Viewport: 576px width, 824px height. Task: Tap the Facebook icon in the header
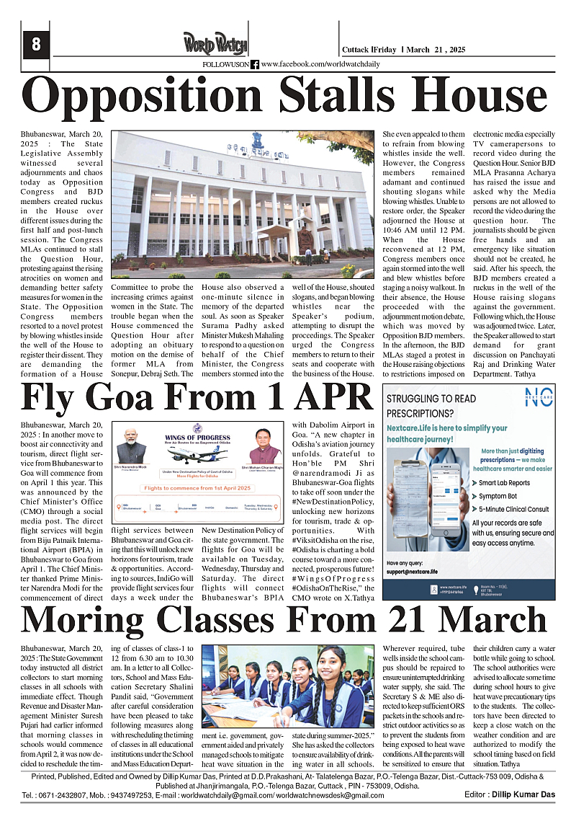click(255, 65)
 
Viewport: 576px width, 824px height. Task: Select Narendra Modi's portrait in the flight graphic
click(131, 448)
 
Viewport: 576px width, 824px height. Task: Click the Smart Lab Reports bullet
click(504, 482)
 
